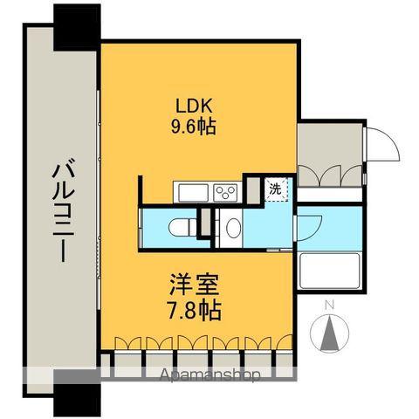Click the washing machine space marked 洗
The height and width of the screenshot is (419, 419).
[274, 188]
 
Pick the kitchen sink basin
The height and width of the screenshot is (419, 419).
[189, 191]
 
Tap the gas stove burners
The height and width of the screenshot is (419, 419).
[225, 191]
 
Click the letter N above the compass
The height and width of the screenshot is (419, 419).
[329, 306]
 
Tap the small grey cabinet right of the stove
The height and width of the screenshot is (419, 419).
[251, 189]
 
